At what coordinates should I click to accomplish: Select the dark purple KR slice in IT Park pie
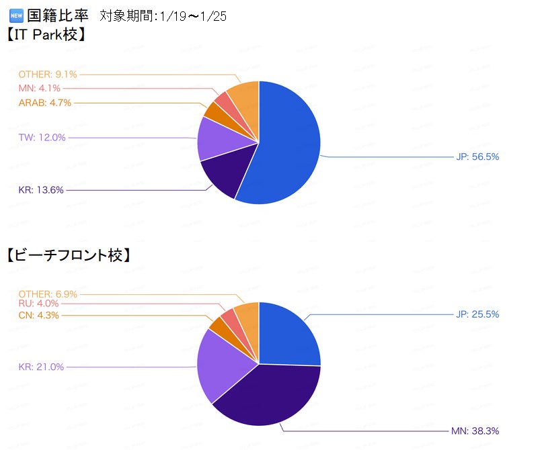[x=223, y=175]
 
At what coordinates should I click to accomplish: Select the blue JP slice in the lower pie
[x=286, y=332]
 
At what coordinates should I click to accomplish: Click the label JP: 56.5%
[x=477, y=157]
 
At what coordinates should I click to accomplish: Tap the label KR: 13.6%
[x=41, y=190]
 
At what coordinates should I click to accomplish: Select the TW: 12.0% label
[x=42, y=138]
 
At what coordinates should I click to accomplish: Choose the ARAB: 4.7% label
[x=44, y=103]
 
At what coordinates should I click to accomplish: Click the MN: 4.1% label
[x=40, y=88]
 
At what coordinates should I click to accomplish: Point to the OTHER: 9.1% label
[x=47, y=75]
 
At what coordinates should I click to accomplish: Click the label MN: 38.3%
[x=475, y=431]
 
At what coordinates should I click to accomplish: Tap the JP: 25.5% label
[x=477, y=314]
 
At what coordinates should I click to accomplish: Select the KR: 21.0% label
[x=41, y=367]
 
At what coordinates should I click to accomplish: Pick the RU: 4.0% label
[x=39, y=304]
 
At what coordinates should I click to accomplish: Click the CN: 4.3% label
[x=39, y=315]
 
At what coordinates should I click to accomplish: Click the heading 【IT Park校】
[x=47, y=33]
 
